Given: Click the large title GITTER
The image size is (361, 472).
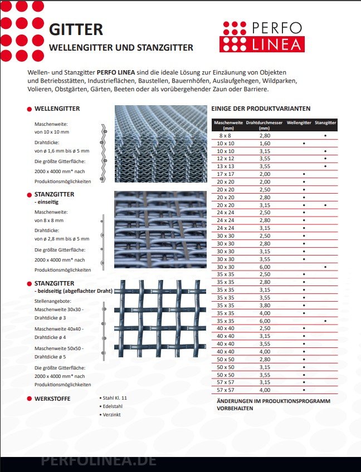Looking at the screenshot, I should [76, 29].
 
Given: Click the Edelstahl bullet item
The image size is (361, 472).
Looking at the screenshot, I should [113, 406].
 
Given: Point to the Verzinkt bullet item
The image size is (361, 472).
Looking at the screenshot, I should [111, 415].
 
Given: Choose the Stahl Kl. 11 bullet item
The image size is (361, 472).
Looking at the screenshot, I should [115, 399].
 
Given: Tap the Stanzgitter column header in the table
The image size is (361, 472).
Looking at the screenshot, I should [325, 122].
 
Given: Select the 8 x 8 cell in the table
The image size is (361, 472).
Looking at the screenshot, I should [225, 135].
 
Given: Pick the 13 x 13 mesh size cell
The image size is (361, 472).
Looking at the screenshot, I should [225, 166].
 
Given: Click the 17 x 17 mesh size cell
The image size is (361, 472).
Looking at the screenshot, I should [225, 174].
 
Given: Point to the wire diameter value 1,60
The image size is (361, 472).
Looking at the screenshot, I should [265, 143].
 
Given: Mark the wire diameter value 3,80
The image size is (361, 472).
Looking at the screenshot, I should [265, 305].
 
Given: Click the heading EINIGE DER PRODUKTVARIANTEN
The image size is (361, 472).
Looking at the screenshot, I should [261, 109].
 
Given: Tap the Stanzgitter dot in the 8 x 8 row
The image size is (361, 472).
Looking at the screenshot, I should [325, 136].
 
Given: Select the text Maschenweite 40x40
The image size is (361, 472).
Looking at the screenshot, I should [58, 328].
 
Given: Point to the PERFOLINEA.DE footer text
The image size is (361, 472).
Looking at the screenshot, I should [99, 461].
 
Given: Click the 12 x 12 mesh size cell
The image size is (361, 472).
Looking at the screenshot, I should [225, 159].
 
